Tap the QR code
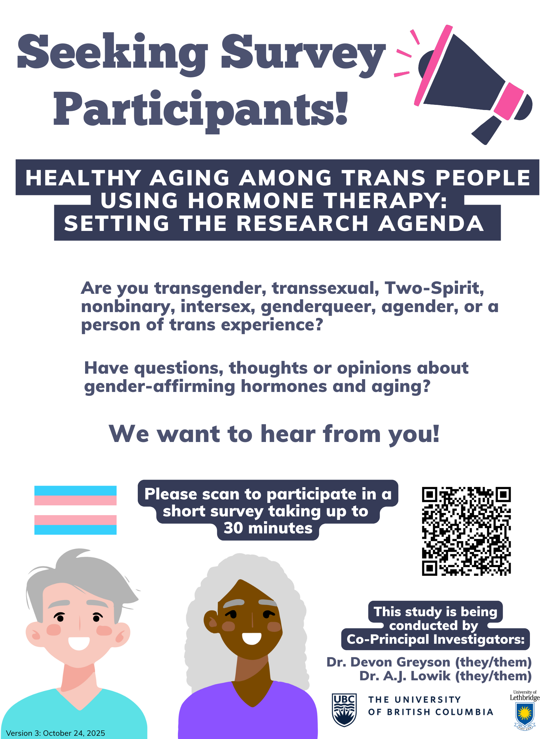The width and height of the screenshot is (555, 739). coord(466,531)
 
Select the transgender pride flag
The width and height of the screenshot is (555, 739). coord(75,510)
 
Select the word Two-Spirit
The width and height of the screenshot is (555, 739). coord(434,288)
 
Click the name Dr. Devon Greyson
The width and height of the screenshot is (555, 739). coord(388,662)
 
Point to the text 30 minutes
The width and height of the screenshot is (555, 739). coord(268,528)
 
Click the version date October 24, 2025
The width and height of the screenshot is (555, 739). coord(74,733)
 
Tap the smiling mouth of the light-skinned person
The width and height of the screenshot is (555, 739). coord(79,643)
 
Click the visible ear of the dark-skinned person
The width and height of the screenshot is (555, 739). coord(211,621)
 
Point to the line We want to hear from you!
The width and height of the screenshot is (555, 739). coord(274,434)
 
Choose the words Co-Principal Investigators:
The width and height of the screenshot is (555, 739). coord(436,639)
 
